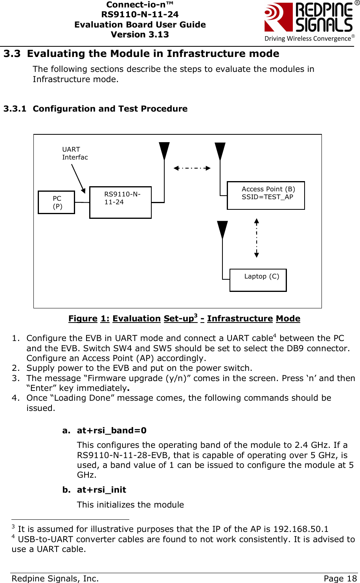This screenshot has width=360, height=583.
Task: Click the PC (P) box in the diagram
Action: pos(57,202)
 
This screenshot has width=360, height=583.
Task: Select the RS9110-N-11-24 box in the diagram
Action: pos(120,202)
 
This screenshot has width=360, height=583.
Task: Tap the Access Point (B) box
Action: pos(266,195)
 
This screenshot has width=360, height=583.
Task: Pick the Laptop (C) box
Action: pos(258,280)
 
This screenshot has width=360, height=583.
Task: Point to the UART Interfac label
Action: pos(75,153)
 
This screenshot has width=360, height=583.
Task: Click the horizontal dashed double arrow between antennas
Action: pos(192,168)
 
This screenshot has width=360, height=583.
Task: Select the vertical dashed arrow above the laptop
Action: pos(257,238)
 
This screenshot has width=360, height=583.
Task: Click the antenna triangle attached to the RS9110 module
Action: pos(164,151)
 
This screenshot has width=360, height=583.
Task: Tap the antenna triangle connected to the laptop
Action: pos(222,229)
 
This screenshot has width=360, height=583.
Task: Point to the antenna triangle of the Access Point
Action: pos(220,151)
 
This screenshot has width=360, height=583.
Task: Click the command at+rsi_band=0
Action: pos(112,431)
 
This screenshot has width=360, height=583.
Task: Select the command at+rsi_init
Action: pos(101,490)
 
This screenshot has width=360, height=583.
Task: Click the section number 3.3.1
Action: pos(15,109)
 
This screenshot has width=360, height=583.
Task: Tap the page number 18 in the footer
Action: pos(351,578)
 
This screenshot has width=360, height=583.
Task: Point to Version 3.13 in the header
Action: pos(140,35)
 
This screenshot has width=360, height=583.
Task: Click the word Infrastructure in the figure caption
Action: pos(240,319)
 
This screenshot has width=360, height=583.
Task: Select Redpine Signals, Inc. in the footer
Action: pos(55,578)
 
